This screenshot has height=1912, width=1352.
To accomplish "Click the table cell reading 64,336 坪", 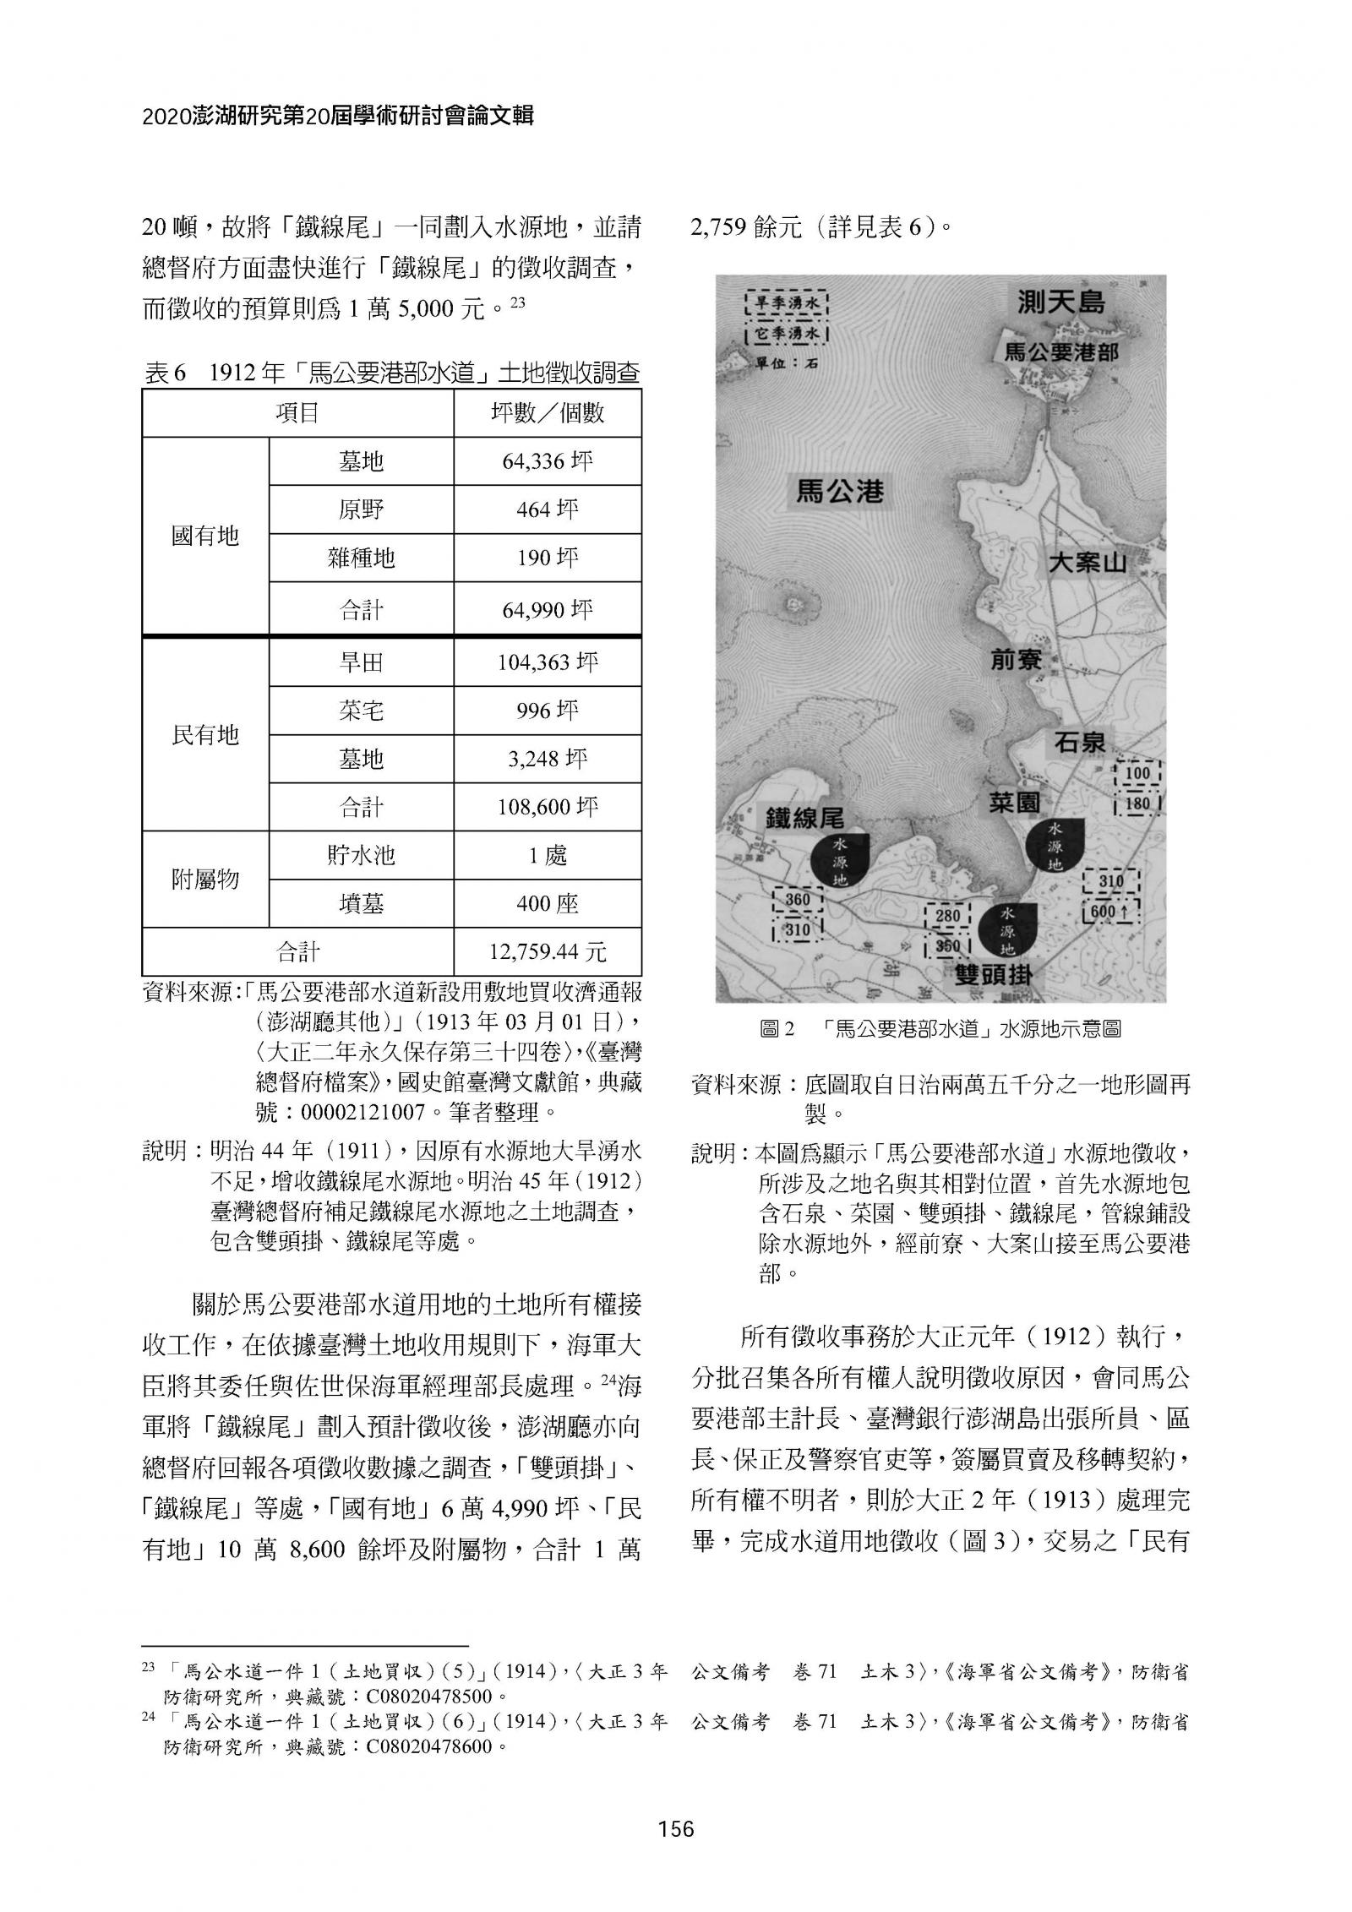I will (x=547, y=461).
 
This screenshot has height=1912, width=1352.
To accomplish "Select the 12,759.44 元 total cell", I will (x=547, y=952).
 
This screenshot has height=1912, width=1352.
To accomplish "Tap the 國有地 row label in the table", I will (x=205, y=536).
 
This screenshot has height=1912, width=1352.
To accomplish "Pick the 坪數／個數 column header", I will (x=547, y=413).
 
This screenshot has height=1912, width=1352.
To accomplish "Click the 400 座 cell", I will (x=547, y=904).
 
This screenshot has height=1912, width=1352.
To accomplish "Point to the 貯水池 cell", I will (x=361, y=856).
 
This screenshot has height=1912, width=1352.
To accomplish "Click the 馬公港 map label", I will (x=839, y=491).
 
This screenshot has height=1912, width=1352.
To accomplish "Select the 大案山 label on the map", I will (x=1087, y=562).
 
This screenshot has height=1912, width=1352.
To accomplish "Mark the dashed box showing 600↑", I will (x=1110, y=911).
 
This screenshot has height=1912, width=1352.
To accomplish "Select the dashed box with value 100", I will (x=1137, y=773).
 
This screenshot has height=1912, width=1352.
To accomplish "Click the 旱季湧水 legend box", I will (x=786, y=302).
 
